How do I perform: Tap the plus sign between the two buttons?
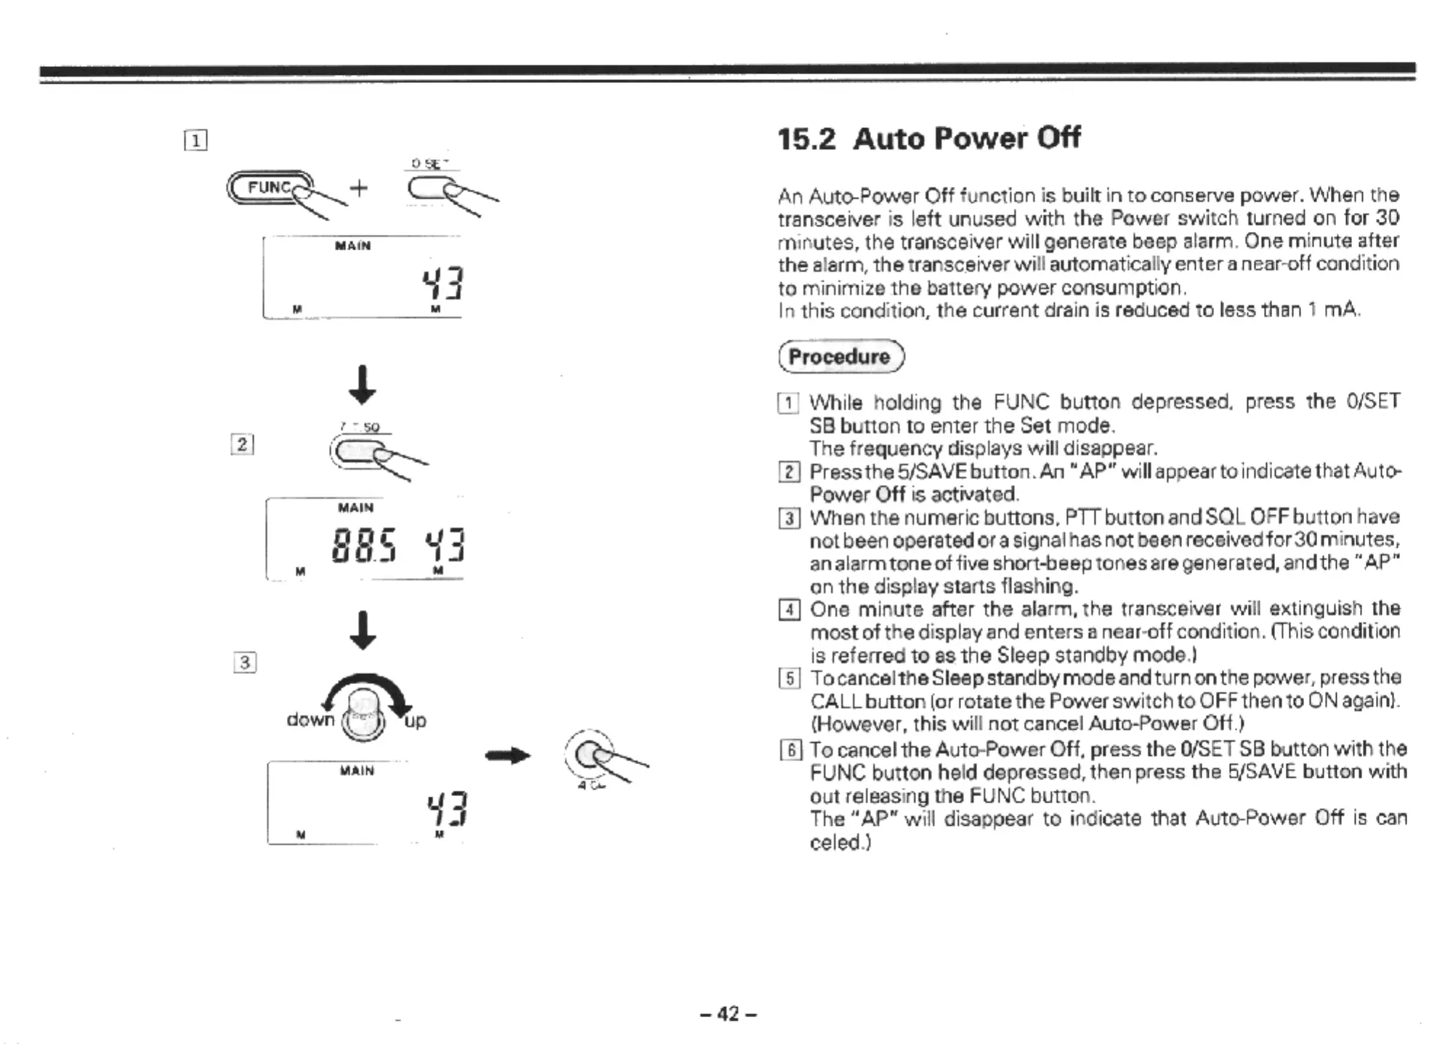(359, 188)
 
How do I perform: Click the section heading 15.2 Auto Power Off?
(928, 138)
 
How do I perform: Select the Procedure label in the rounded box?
(840, 356)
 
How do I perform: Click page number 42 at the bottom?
(728, 1013)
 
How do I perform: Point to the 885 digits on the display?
(363, 546)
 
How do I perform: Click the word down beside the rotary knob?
(310, 720)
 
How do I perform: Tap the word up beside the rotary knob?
(415, 721)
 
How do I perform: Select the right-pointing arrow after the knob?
(508, 756)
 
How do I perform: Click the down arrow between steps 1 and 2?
(362, 385)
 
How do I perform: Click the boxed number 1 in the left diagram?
(195, 140)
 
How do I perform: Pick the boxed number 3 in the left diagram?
(245, 662)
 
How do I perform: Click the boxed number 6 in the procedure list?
(789, 750)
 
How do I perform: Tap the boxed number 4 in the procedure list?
(789, 609)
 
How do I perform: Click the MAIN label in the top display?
(353, 246)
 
